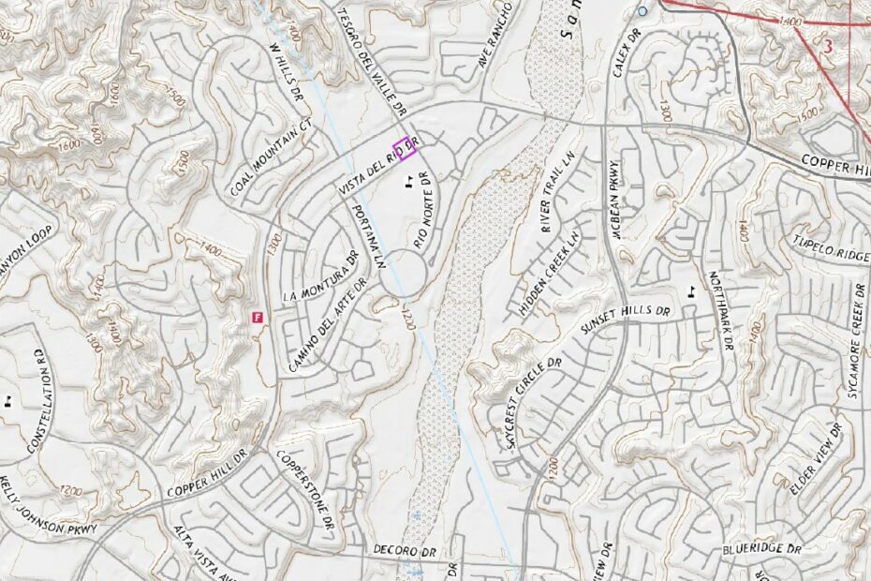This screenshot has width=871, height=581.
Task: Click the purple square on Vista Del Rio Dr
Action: click(404, 148)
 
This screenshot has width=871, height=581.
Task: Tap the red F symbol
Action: click(256, 318)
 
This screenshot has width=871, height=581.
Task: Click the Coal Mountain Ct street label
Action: click(271, 158)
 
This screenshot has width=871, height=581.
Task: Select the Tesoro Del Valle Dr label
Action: click(373, 58)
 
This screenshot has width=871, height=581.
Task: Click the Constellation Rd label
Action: click(39, 398)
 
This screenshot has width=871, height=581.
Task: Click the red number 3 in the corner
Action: click(826, 45)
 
